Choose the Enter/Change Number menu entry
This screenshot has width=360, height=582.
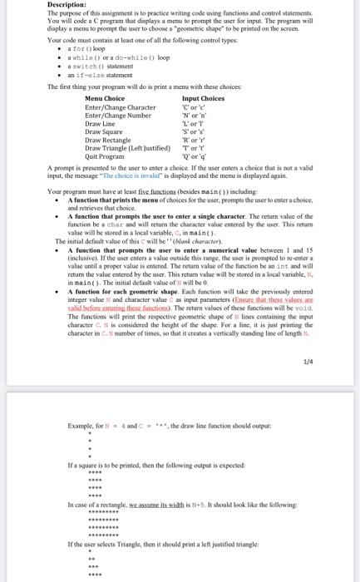pyautogui.click(x=121, y=116)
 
